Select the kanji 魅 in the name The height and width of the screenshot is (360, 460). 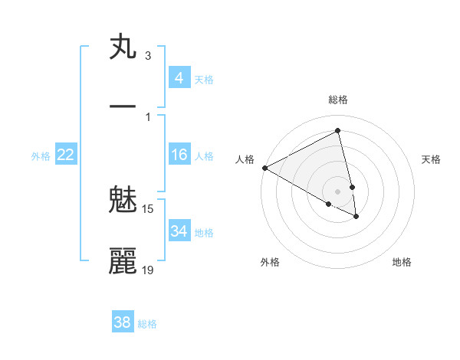point(123,200)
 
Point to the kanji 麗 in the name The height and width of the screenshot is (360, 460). point(123,261)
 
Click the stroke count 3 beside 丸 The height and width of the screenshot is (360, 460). point(148,56)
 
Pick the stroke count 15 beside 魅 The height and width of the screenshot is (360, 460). point(148,208)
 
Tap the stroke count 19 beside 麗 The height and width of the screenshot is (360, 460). point(148,270)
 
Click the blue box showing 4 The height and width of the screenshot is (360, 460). point(179,77)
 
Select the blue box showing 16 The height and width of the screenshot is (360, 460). point(179,155)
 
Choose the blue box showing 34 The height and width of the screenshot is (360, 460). point(179,231)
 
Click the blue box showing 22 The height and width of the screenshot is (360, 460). point(65,155)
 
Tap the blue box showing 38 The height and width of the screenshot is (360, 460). point(122,322)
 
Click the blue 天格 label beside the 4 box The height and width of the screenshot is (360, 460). point(204,79)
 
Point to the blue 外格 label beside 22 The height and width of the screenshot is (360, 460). point(41,156)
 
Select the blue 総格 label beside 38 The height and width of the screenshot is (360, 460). point(147,324)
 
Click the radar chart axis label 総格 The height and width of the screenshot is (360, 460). point(338,100)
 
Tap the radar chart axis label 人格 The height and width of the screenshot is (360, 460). point(245,159)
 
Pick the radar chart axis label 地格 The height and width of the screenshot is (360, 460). point(402,262)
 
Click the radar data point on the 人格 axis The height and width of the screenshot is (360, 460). point(264,168)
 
